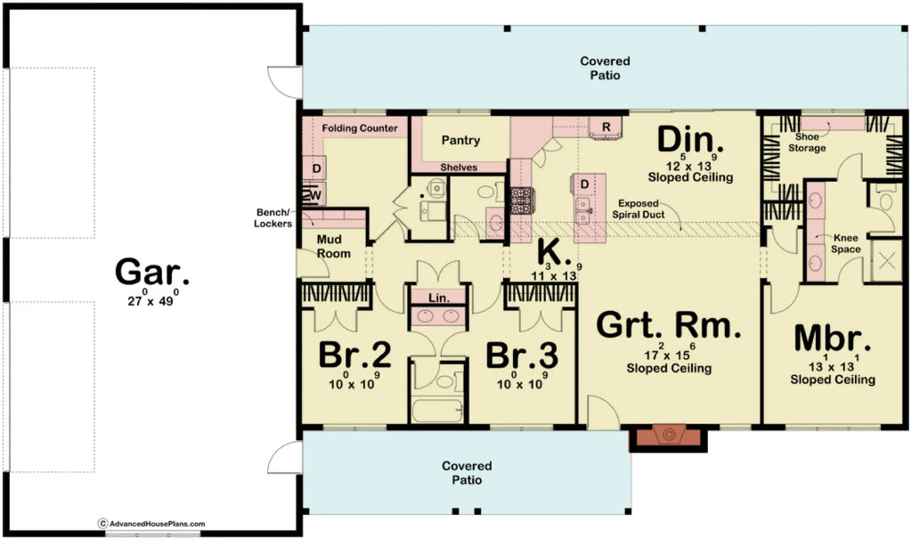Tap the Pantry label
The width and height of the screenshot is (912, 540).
point(460,140)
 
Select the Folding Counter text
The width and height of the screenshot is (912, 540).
point(360,128)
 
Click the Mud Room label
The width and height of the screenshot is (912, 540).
point(334,247)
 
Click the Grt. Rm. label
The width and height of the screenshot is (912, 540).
point(668,326)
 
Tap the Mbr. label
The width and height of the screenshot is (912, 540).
point(832,340)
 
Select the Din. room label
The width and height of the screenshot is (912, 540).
point(690,140)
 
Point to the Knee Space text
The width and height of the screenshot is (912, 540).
point(846,243)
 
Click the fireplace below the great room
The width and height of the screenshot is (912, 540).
point(668,437)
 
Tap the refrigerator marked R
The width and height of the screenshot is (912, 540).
point(606,127)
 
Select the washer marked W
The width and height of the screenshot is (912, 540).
point(315,194)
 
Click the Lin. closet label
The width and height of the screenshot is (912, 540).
point(438,298)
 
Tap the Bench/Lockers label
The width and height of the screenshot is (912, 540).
point(273,218)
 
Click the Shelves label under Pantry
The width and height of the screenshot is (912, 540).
point(460,168)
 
